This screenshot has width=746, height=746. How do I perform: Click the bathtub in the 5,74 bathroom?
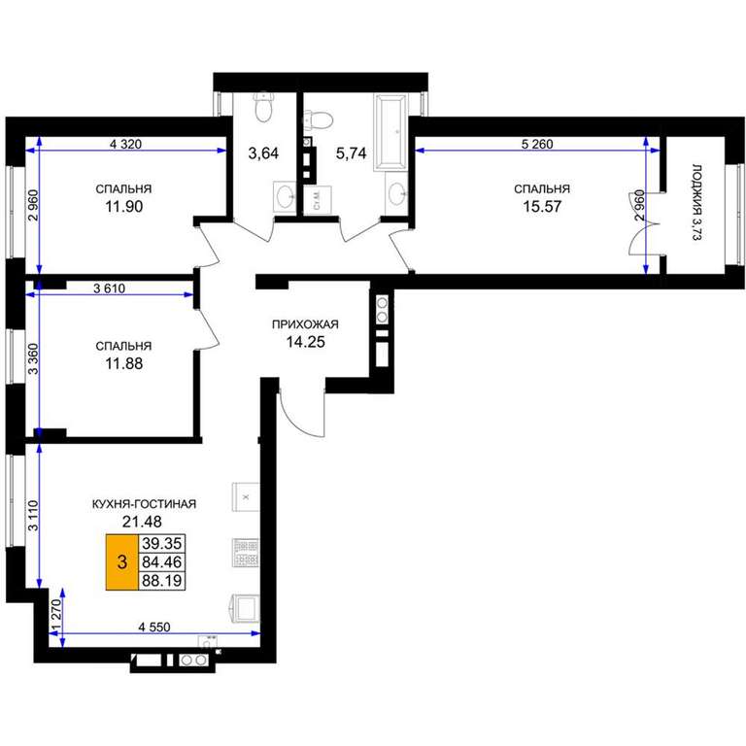tap(391, 132)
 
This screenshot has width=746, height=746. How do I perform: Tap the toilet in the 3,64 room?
tap(263, 107)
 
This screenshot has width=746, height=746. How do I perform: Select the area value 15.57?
tap(542, 207)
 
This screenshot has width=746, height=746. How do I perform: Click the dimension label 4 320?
tap(125, 144)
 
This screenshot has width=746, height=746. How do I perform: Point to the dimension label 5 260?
tap(537, 144)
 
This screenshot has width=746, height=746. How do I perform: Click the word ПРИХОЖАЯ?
tap(305, 324)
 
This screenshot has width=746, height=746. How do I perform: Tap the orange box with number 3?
tap(121, 561)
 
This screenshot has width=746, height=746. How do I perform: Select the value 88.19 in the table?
tap(162, 581)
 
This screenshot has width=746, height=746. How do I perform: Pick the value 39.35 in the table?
tap(162, 543)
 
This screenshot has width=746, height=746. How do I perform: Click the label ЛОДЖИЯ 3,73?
tap(696, 203)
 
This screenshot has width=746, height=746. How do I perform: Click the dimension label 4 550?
tap(154, 627)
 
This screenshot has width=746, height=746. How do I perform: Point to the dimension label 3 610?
tap(110, 288)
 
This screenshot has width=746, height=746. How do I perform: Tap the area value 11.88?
tap(123, 363)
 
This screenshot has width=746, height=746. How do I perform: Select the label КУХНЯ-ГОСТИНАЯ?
tap(144, 504)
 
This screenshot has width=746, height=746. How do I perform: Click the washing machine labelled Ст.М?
tap(318, 200)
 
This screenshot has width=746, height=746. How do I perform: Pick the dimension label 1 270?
tap(56, 616)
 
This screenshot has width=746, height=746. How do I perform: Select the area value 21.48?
tap(142, 522)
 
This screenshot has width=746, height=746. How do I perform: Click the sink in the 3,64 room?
tap(286, 196)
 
